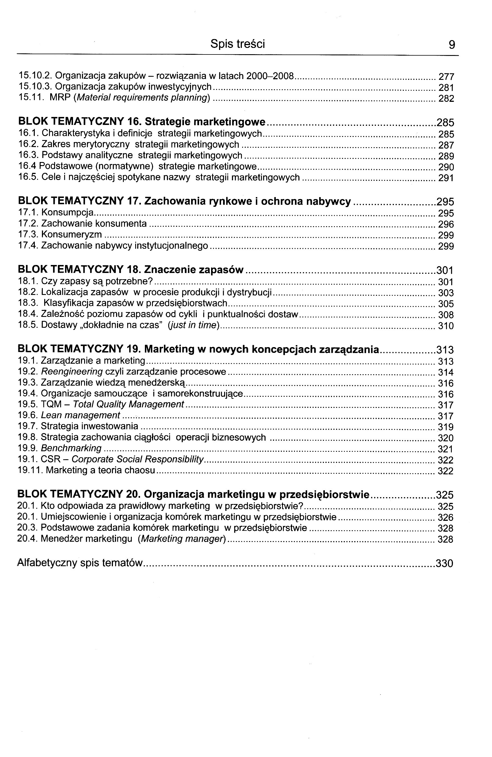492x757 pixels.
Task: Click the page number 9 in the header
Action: (x=451, y=44)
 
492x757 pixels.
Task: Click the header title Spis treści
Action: (x=237, y=44)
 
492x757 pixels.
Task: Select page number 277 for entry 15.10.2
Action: (x=446, y=77)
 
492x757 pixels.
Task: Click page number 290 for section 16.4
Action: (x=446, y=167)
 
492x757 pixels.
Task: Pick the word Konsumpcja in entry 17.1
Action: (x=67, y=212)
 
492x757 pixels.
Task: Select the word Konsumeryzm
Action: (x=72, y=234)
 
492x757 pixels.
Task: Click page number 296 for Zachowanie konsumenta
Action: (x=446, y=224)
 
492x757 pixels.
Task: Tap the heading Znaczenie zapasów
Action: (x=194, y=270)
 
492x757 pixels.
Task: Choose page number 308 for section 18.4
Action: (x=446, y=315)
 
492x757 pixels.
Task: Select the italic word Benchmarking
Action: (x=71, y=448)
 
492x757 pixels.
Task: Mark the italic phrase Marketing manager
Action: (x=182, y=539)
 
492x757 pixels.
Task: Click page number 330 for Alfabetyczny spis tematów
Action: (x=444, y=563)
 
